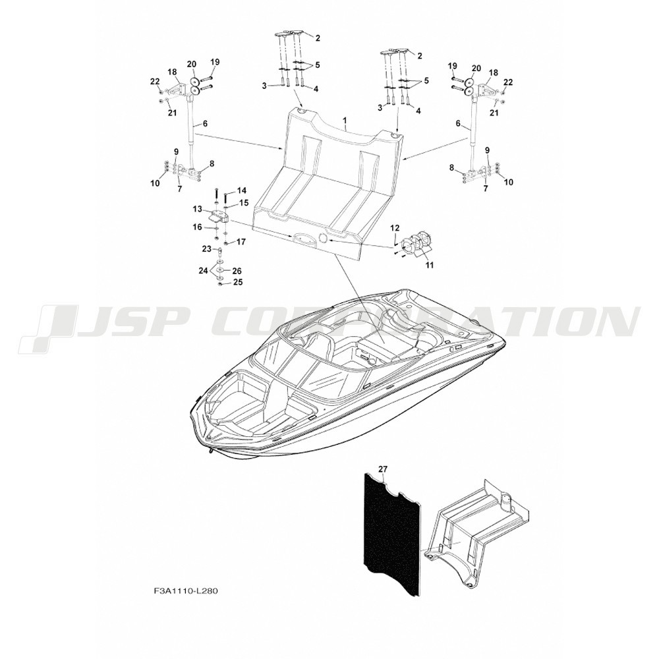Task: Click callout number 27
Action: click(x=382, y=469)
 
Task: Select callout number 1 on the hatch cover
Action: click(x=345, y=121)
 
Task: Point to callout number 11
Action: click(x=430, y=265)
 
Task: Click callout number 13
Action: click(x=198, y=208)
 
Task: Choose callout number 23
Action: click(x=206, y=249)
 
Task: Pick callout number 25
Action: click(x=237, y=282)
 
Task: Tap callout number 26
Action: click(x=237, y=271)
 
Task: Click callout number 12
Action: click(x=395, y=228)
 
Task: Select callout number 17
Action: click(x=241, y=242)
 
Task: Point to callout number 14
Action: click(x=242, y=190)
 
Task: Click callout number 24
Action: click(x=204, y=271)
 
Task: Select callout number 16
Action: click(x=197, y=227)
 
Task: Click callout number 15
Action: click(x=244, y=203)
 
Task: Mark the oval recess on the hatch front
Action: click(x=301, y=238)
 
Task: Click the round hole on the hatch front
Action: click(x=324, y=239)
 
